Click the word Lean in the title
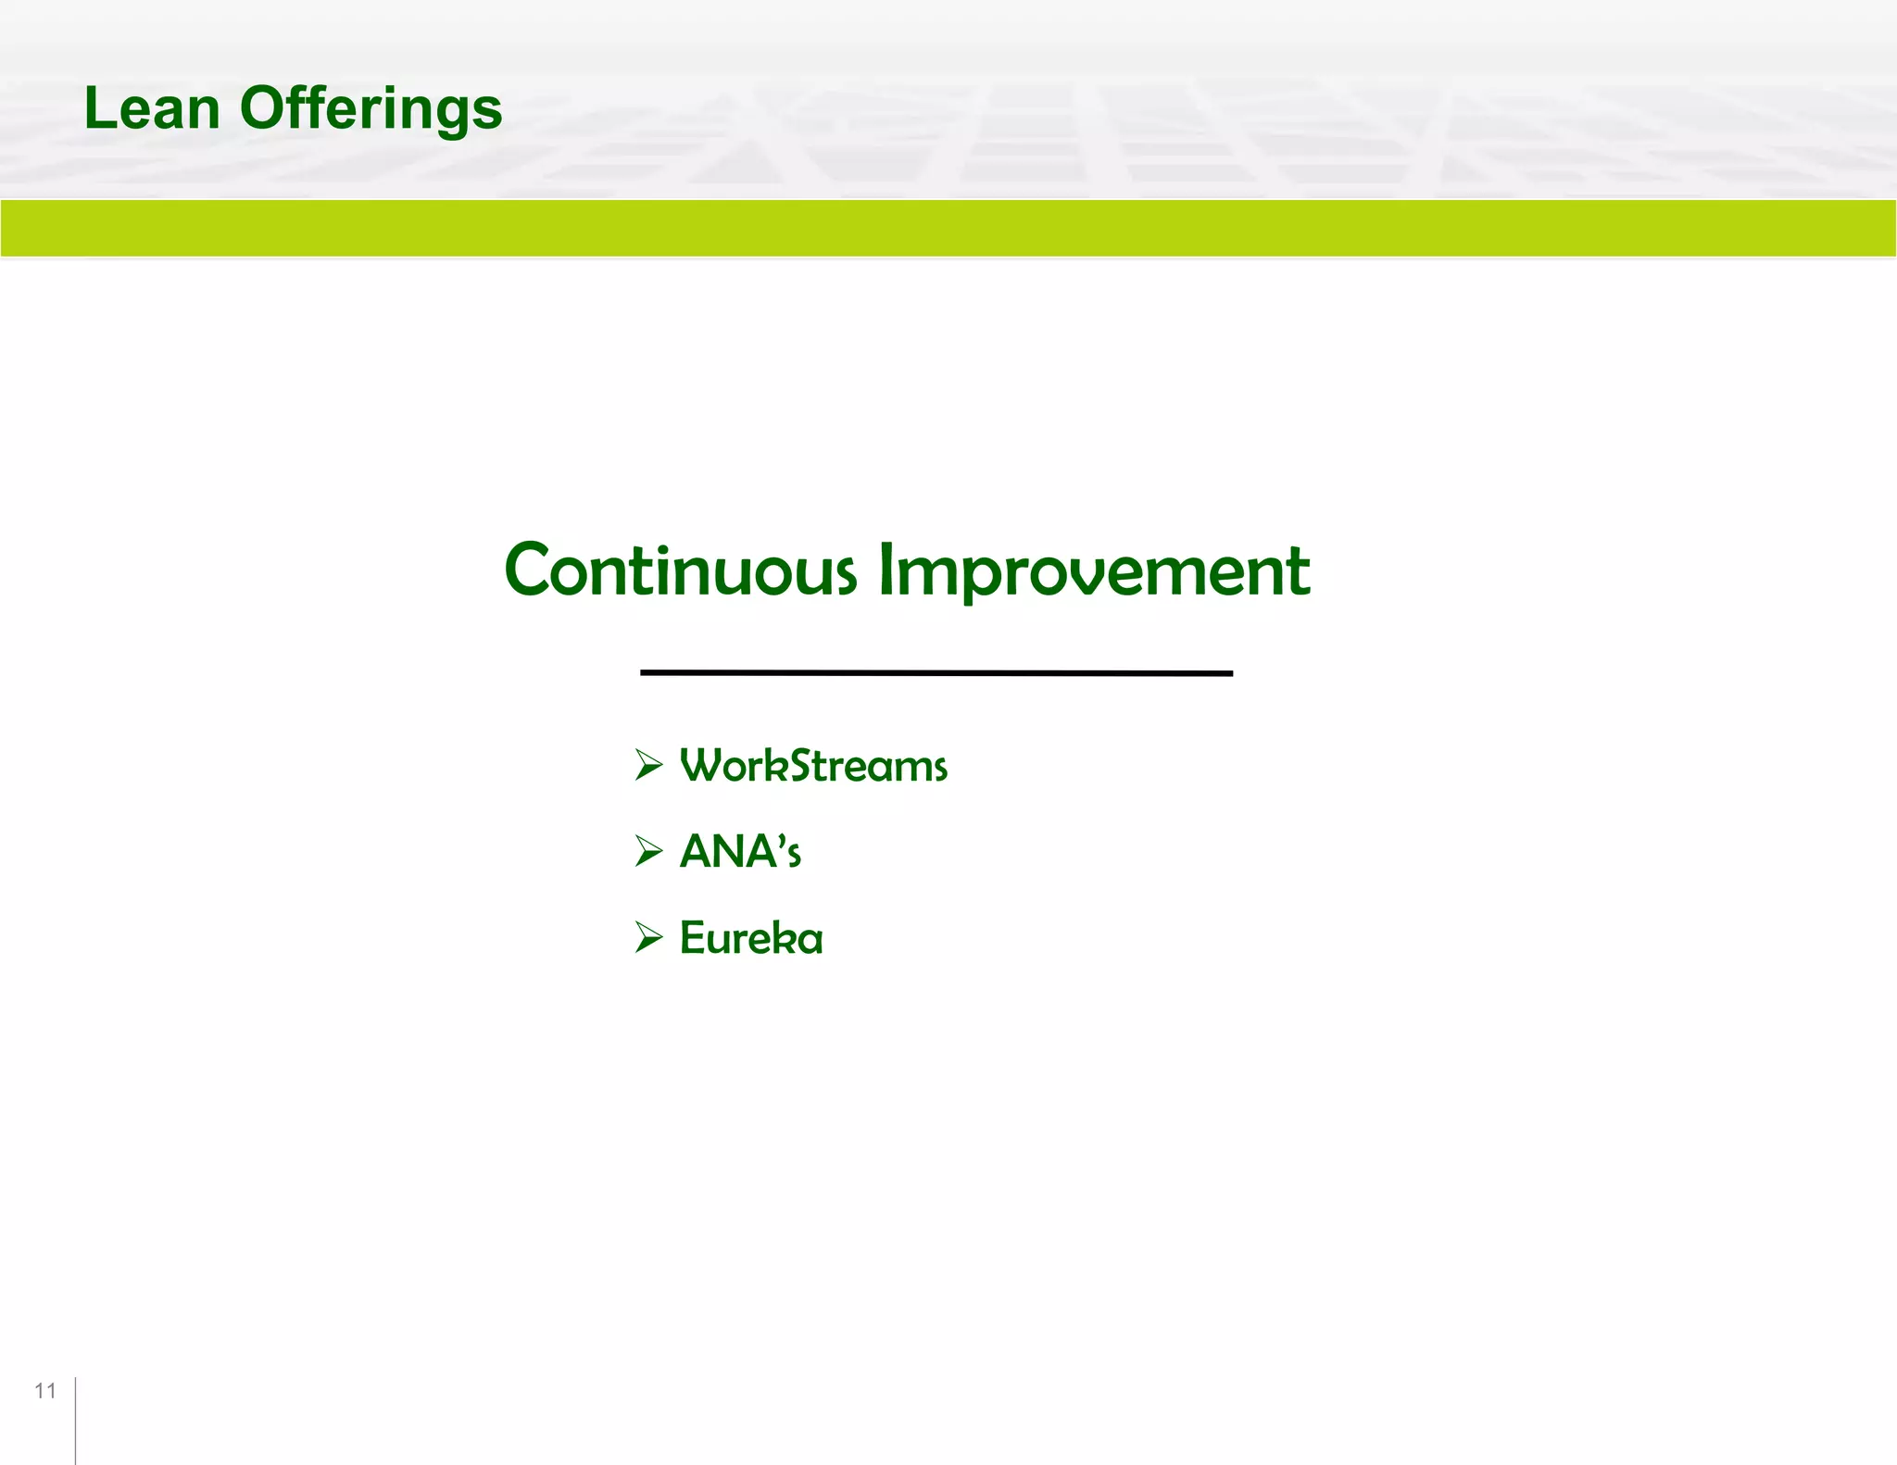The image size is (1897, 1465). (151, 108)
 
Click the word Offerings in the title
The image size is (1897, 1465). (371, 108)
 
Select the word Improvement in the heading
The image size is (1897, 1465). (1093, 571)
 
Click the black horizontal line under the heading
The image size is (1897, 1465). (936, 672)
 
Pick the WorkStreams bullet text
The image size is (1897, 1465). (813, 766)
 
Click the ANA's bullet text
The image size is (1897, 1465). (739, 851)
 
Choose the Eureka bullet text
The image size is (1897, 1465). (750, 937)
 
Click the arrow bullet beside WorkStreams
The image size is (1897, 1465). (648, 765)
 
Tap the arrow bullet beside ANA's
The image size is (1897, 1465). (648, 850)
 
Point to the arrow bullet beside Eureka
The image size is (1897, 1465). (648, 937)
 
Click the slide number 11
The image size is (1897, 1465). (44, 1390)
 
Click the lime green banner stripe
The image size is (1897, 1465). (948, 228)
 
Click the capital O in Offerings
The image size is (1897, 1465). (264, 107)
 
